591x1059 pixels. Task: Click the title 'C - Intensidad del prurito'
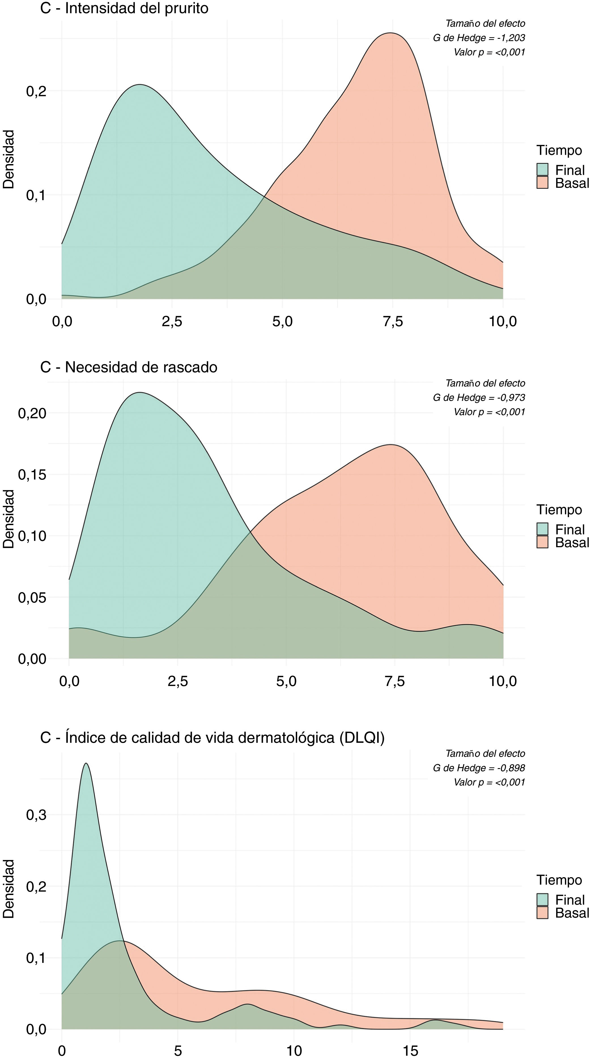point(124,8)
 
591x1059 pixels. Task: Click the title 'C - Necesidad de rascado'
point(129,367)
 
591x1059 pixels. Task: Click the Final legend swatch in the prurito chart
point(542,169)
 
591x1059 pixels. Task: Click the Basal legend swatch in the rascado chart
point(542,542)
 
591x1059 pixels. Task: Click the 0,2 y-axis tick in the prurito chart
point(36,91)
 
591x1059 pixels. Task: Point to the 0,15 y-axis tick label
point(32,474)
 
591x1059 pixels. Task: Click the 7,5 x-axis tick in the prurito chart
point(392,321)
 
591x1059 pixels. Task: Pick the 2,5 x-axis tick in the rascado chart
point(177,681)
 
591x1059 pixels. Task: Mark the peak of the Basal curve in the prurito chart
point(390,33)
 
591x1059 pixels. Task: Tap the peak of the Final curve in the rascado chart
point(140,392)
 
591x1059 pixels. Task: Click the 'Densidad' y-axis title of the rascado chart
point(8,519)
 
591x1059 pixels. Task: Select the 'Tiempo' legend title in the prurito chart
point(559,150)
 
